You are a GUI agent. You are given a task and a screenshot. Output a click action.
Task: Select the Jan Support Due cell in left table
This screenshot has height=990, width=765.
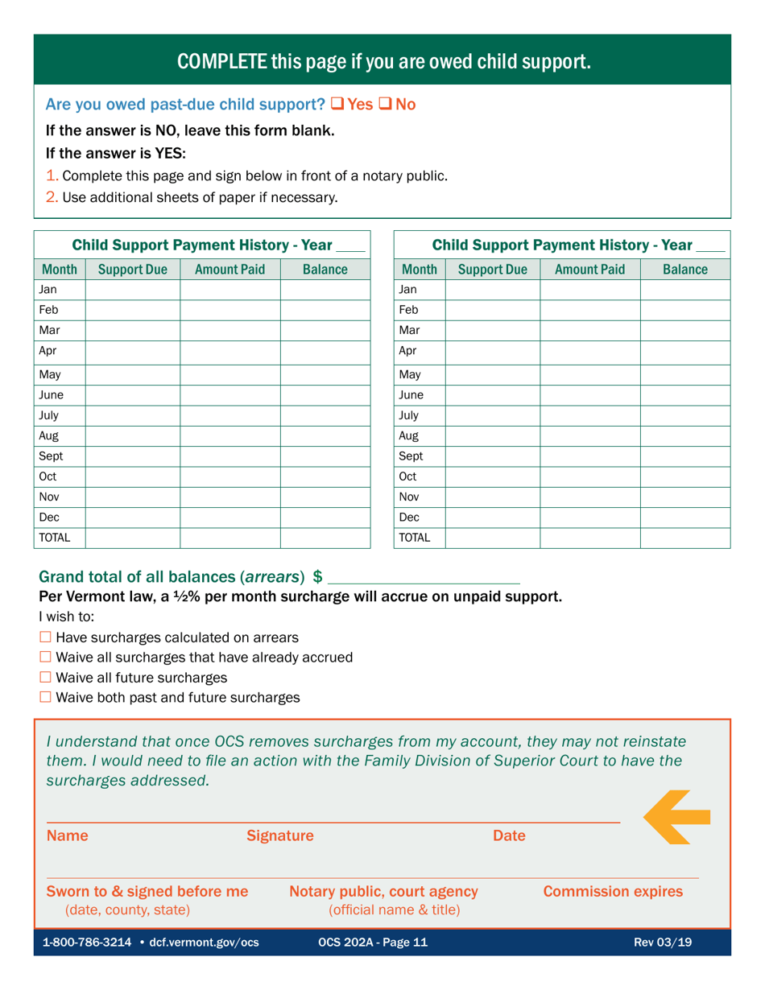132,289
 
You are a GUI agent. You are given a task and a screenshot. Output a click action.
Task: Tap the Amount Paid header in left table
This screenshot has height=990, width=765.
229,268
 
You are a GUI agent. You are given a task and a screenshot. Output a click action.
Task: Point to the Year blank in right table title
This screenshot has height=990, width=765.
711,244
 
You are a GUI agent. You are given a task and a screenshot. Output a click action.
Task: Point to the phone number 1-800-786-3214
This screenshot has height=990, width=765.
88,943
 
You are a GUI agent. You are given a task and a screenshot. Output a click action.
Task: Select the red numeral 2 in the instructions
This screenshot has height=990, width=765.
52,196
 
